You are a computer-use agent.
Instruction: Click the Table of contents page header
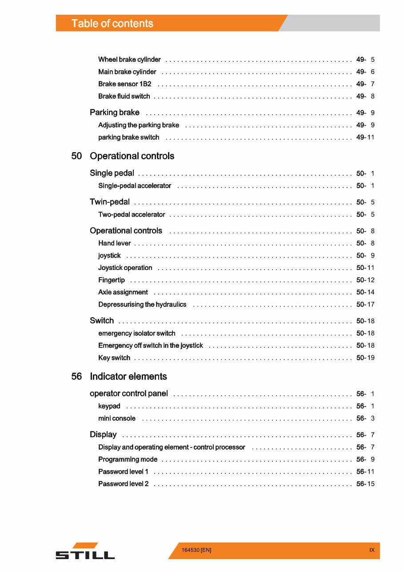pyautogui.click(x=112, y=24)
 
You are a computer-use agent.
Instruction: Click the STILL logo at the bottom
pyautogui.click(x=85, y=552)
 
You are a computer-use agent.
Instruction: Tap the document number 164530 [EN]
pyautogui.click(x=196, y=550)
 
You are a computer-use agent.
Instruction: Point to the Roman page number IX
pyautogui.click(x=372, y=550)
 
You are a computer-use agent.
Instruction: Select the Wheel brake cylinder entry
pyautogui.click(x=129, y=60)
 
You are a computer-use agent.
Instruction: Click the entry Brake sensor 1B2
pyautogui.click(x=125, y=84)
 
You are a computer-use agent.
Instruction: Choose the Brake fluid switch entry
pyautogui.click(x=124, y=97)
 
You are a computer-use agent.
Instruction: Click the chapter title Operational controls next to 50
pyautogui.click(x=132, y=156)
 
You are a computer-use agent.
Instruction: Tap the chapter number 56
pyautogui.click(x=76, y=377)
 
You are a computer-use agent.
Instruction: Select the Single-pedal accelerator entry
pyautogui.click(x=135, y=186)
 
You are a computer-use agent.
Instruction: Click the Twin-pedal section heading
pyautogui.click(x=110, y=202)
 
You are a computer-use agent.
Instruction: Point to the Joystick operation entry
pyautogui.click(x=125, y=268)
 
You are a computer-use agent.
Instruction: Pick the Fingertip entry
pyautogui.click(x=112, y=280)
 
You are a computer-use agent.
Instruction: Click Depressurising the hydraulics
pyautogui.click(x=142, y=305)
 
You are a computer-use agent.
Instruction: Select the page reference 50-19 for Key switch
pyautogui.click(x=365, y=358)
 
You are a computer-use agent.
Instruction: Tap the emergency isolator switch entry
pyautogui.click(x=137, y=334)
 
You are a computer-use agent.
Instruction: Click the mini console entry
pyautogui.click(x=117, y=419)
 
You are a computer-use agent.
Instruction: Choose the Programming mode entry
pyautogui.click(x=128, y=459)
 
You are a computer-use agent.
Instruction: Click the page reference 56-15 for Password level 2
pyautogui.click(x=365, y=484)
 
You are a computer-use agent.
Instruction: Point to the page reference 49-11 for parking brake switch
pyautogui.click(x=365, y=137)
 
